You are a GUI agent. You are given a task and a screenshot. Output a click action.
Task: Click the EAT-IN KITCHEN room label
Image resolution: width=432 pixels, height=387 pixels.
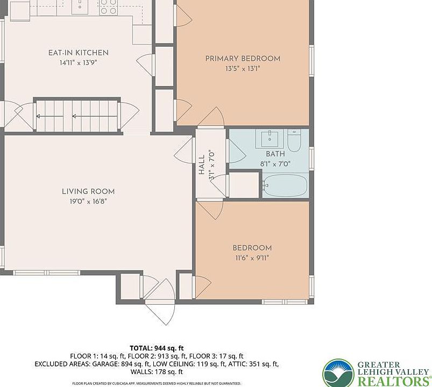[x=78, y=53]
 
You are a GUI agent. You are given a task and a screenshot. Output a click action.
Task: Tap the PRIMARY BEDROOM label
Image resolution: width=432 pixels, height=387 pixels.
[x=243, y=59]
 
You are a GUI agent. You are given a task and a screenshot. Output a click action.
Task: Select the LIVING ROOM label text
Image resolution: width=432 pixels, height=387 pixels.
[x=88, y=191]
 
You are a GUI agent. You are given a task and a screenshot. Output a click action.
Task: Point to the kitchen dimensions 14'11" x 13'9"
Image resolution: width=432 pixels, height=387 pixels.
[x=78, y=63]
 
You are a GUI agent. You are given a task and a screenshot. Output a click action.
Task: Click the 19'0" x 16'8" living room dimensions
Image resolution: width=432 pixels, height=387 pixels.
[x=88, y=202]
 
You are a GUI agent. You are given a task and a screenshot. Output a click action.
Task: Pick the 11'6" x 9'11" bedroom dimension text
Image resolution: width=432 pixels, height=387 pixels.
[x=252, y=258]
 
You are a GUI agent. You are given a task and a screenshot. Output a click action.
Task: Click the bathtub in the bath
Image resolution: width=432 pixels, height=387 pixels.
[x=285, y=185]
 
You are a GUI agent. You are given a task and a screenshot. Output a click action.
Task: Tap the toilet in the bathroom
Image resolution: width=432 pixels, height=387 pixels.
[x=294, y=141]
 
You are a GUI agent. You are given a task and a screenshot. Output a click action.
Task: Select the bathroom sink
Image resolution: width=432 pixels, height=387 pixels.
[x=270, y=139]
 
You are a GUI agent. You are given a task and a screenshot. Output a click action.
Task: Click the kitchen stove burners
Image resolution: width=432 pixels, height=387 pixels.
[x=108, y=7]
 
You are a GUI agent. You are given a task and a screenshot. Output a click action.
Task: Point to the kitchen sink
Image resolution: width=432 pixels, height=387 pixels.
[x=80, y=6]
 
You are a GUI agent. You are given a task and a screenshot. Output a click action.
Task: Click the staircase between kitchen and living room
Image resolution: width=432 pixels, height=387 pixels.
[x=77, y=116]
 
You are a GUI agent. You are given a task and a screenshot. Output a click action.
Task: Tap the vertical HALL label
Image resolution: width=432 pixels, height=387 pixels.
[x=202, y=164]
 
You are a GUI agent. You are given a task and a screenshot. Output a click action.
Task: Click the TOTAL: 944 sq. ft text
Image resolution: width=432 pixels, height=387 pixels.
[x=157, y=348]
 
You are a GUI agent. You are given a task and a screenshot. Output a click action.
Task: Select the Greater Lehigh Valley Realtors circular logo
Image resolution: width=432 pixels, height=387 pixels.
[x=338, y=373]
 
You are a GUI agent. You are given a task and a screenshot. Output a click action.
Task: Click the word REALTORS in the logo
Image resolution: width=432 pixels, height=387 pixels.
[x=394, y=381]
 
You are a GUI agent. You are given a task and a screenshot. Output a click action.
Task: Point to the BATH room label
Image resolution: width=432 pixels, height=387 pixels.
[x=275, y=154]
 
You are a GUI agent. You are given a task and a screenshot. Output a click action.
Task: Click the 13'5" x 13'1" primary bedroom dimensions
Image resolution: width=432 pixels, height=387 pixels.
[x=243, y=69]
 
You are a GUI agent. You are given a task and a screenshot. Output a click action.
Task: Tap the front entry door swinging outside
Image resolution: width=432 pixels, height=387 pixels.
[x=160, y=312]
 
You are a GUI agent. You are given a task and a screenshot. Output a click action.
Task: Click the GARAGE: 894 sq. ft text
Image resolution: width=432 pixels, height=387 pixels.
[x=121, y=364]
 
